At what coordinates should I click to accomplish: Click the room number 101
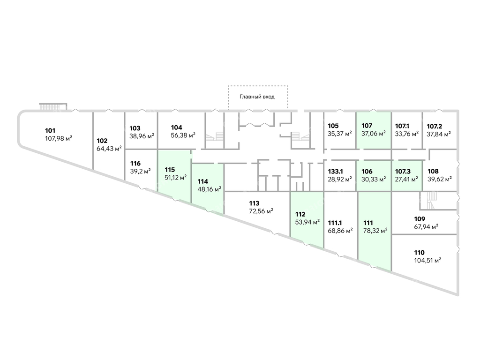pos(50,131)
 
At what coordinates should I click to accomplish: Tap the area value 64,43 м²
pos(109,149)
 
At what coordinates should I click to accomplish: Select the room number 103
pos(135,128)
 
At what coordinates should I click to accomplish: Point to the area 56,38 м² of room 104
pos(183,135)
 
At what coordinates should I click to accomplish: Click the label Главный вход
pos(257,97)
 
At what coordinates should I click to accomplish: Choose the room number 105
pos(333,126)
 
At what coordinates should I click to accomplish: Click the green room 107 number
pos(367,126)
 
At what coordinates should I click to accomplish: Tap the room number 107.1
pos(402,126)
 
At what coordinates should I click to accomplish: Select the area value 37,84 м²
pos(439,134)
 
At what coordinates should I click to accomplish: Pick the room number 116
pos(135,164)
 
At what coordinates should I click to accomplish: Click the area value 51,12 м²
pos(176,178)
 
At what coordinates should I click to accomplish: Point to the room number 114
pos(202,181)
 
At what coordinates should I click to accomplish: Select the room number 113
pos(254,203)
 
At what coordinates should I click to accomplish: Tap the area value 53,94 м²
pos(307,222)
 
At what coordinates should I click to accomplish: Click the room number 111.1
pos(335,223)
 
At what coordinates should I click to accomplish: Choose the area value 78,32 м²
pos(375,231)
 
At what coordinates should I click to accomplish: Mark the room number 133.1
pos(336,172)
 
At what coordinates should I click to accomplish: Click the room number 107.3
pos(403,172)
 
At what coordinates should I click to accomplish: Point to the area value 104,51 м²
pos(427,261)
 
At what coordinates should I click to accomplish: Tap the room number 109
pos(420,219)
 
